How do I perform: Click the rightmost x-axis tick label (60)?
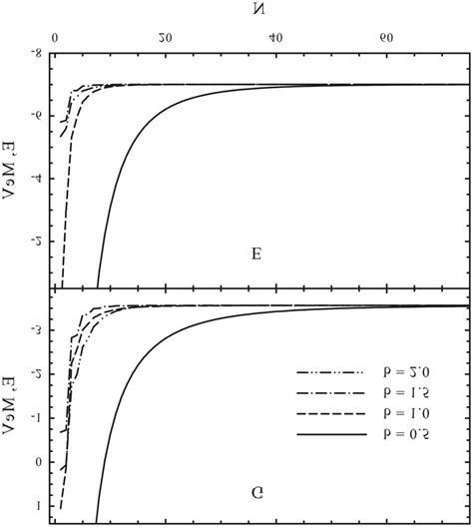click(x=385, y=40)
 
